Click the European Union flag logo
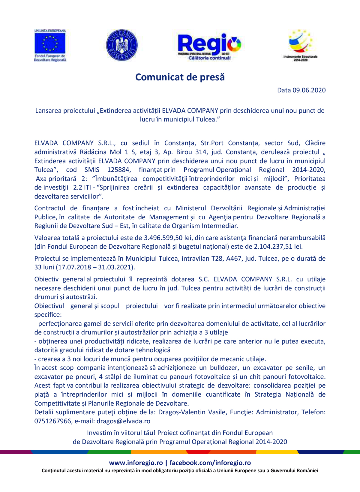click(50, 43)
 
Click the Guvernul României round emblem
click(122, 45)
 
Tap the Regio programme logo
click(209, 45)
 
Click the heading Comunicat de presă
click(180, 77)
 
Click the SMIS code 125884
click(118, 170)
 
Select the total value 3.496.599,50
click(163, 238)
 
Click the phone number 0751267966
click(53, 421)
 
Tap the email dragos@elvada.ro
click(123, 421)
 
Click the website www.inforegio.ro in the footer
click(136, 463)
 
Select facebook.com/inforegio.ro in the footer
click(210, 463)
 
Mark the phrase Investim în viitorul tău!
click(121, 433)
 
